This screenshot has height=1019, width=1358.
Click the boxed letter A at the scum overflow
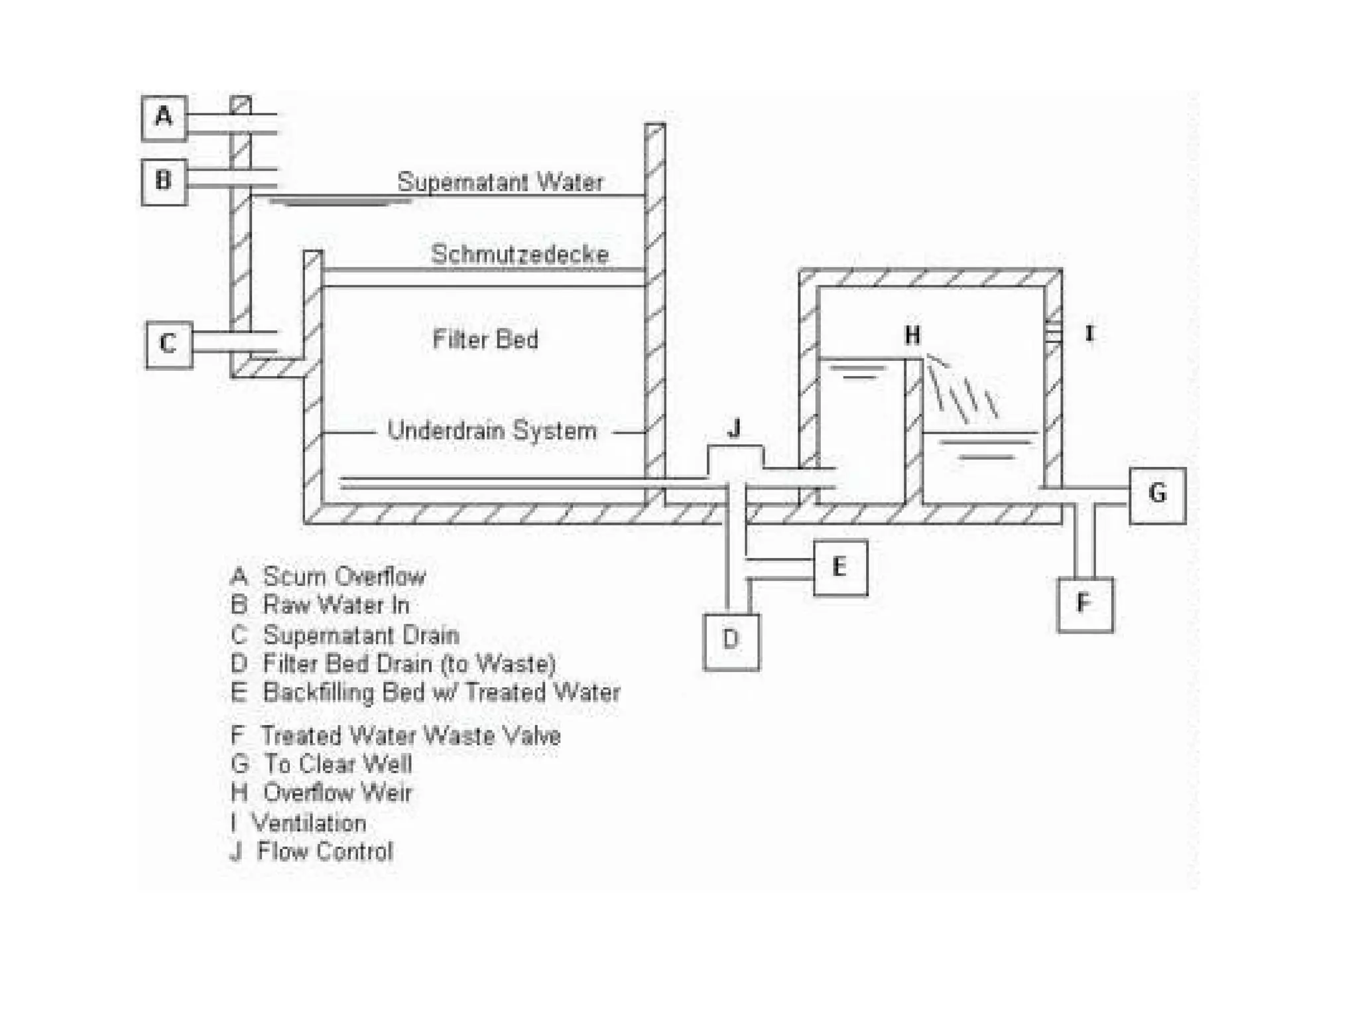click(164, 118)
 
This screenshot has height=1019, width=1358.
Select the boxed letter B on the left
click(164, 181)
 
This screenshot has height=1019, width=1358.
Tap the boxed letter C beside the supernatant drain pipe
click(169, 344)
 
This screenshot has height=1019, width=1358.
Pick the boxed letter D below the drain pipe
click(731, 641)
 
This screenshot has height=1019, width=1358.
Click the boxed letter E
click(839, 568)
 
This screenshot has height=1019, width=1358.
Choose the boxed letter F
click(1084, 604)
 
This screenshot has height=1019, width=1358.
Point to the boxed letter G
click(1157, 494)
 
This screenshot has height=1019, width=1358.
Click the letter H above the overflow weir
click(912, 336)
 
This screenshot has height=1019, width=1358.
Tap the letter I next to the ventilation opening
click(1089, 333)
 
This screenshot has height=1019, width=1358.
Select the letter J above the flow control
click(734, 429)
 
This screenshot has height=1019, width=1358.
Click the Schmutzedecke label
click(519, 255)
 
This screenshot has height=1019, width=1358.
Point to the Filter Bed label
click(485, 340)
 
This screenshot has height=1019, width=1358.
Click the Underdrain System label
click(492, 431)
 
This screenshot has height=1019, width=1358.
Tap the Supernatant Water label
click(500, 182)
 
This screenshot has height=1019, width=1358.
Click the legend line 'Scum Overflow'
click(328, 577)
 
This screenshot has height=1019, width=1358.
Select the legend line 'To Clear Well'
click(322, 764)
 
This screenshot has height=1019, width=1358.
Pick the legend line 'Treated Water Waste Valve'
click(395, 736)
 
